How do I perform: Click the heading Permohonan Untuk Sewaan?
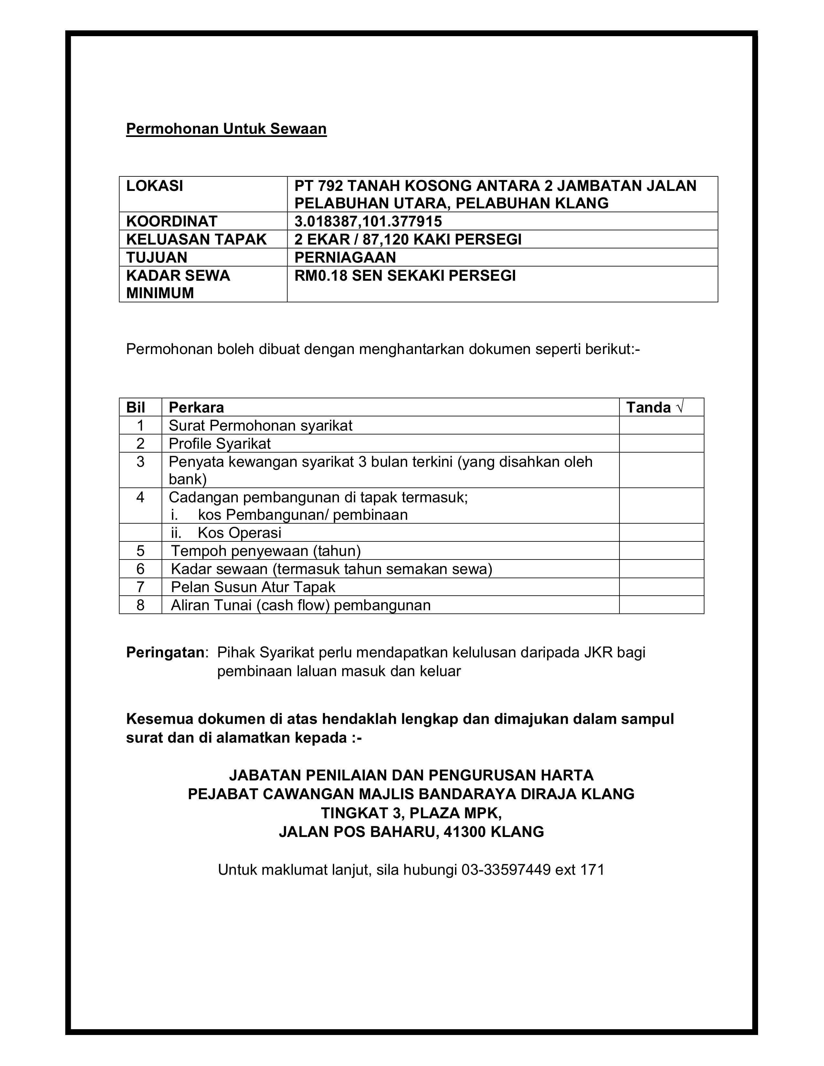(x=226, y=129)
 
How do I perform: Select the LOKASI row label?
(x=155, y=186)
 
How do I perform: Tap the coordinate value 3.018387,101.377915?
(x=368, y=222)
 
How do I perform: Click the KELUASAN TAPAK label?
(x=196, y=239)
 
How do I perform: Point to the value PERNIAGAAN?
(x=345, y=257)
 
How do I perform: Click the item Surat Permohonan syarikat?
(x=260, y=426)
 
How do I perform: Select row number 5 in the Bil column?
(x=141, y=551)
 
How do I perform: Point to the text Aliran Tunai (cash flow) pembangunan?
(x=301, y=605)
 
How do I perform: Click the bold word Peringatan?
(x=165, y=653)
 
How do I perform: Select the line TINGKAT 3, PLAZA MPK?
(x=411, y=813)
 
